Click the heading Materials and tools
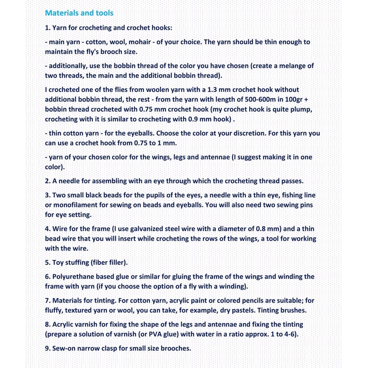tap(79, 13)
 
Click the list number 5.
tap(47, 263)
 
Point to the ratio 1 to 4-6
tap(279, 334)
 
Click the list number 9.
tap(47, 349)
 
